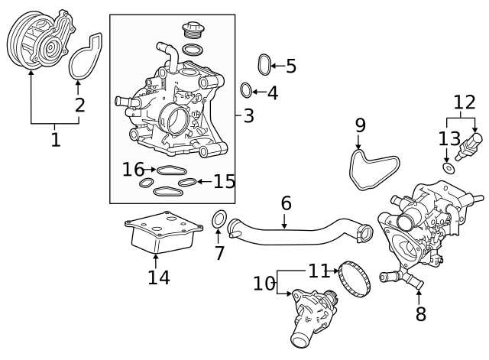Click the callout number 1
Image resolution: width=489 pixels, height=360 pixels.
(x=55, y=140)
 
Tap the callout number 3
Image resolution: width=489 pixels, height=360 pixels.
(x=248, y=116)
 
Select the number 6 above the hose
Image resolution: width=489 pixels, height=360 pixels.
(x=286, y=203)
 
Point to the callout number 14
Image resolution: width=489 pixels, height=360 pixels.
(x=158, y=277)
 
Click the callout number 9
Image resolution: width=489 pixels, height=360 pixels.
(x=360, y=125)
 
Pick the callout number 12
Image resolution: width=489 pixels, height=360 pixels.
(x=464, y=102)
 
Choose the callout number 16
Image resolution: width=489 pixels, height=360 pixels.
(x=133, y=169)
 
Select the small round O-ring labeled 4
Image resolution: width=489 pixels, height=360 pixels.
(x=247, y=91)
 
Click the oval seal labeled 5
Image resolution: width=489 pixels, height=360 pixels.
(x=264, y=66)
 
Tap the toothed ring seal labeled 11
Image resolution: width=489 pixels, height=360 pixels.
(x=354, y=280)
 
